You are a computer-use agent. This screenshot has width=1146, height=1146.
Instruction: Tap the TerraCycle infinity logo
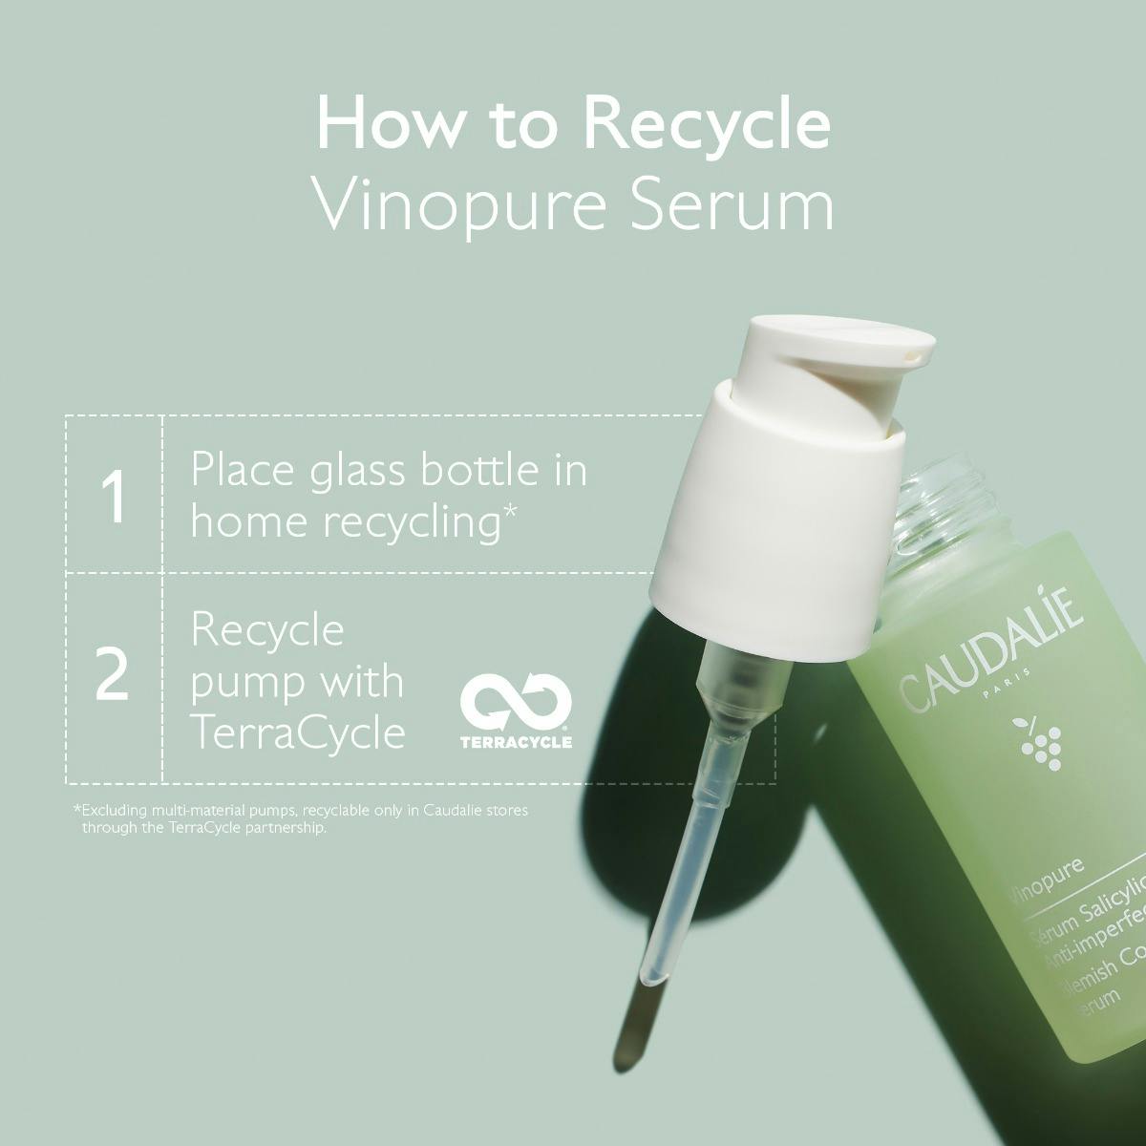(516, 705)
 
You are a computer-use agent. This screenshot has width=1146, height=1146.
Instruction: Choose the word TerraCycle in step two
(298, 733)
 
